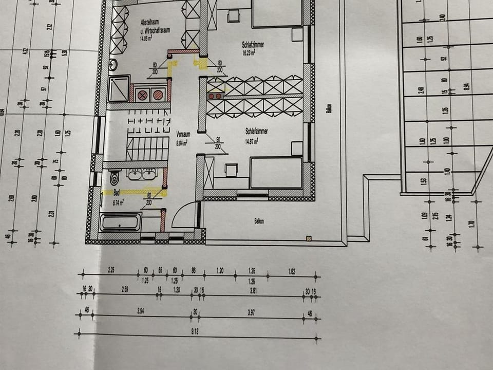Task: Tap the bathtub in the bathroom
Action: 120,222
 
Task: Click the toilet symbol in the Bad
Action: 114,178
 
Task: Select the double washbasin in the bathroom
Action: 142,174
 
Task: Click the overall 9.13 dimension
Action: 195,332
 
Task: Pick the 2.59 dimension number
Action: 125,290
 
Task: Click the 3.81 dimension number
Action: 253,290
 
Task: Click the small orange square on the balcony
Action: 308,238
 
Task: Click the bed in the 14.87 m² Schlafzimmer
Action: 276,173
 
